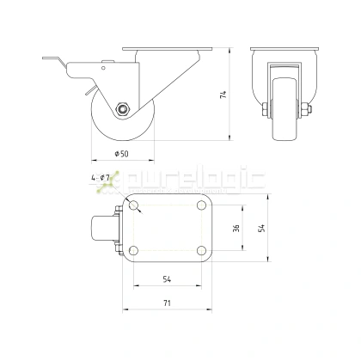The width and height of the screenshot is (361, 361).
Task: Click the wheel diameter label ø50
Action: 122,153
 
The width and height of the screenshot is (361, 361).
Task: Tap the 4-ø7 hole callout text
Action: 101,178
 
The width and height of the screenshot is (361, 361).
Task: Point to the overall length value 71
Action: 168,303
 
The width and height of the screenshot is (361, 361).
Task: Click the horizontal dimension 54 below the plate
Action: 168,279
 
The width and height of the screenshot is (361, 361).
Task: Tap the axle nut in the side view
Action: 124,108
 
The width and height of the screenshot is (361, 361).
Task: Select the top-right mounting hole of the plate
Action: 202,205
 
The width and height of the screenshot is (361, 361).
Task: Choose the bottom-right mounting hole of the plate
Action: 202,250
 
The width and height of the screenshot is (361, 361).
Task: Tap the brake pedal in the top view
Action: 101,228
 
